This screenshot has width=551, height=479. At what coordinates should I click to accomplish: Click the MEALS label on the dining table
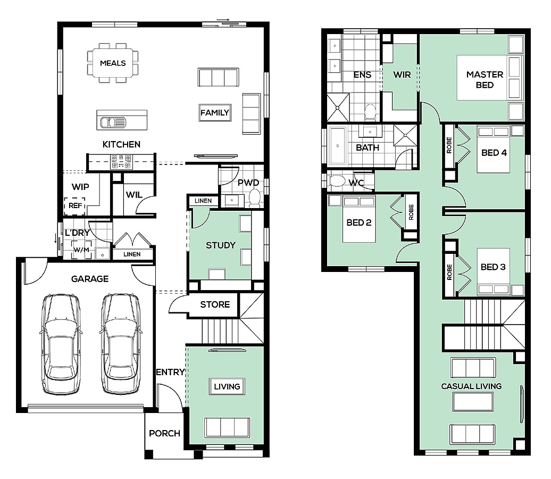113,63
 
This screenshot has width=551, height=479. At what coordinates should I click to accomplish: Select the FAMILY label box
215,112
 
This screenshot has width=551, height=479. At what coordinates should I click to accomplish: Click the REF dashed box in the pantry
75,206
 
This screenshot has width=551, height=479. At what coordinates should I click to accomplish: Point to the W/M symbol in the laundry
81,250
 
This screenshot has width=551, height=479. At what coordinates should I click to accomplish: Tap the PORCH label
164,433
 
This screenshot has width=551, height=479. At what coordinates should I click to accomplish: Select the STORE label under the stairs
215,304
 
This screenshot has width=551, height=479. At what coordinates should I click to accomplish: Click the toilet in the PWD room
254,197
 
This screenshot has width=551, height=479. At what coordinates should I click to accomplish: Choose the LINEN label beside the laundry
132,254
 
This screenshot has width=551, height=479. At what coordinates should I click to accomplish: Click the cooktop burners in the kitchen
121,162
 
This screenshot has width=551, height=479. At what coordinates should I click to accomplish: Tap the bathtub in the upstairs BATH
337,146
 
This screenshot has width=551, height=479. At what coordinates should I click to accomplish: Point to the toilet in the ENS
370,112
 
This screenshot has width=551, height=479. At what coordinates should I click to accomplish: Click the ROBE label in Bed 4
449,145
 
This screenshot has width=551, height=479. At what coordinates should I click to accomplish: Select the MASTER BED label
485,79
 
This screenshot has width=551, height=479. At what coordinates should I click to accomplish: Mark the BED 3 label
493,267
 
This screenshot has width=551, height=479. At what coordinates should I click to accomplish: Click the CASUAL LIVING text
471,386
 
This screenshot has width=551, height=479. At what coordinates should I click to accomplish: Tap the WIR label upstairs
402,75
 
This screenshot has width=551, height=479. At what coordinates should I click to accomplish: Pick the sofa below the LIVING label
227,428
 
